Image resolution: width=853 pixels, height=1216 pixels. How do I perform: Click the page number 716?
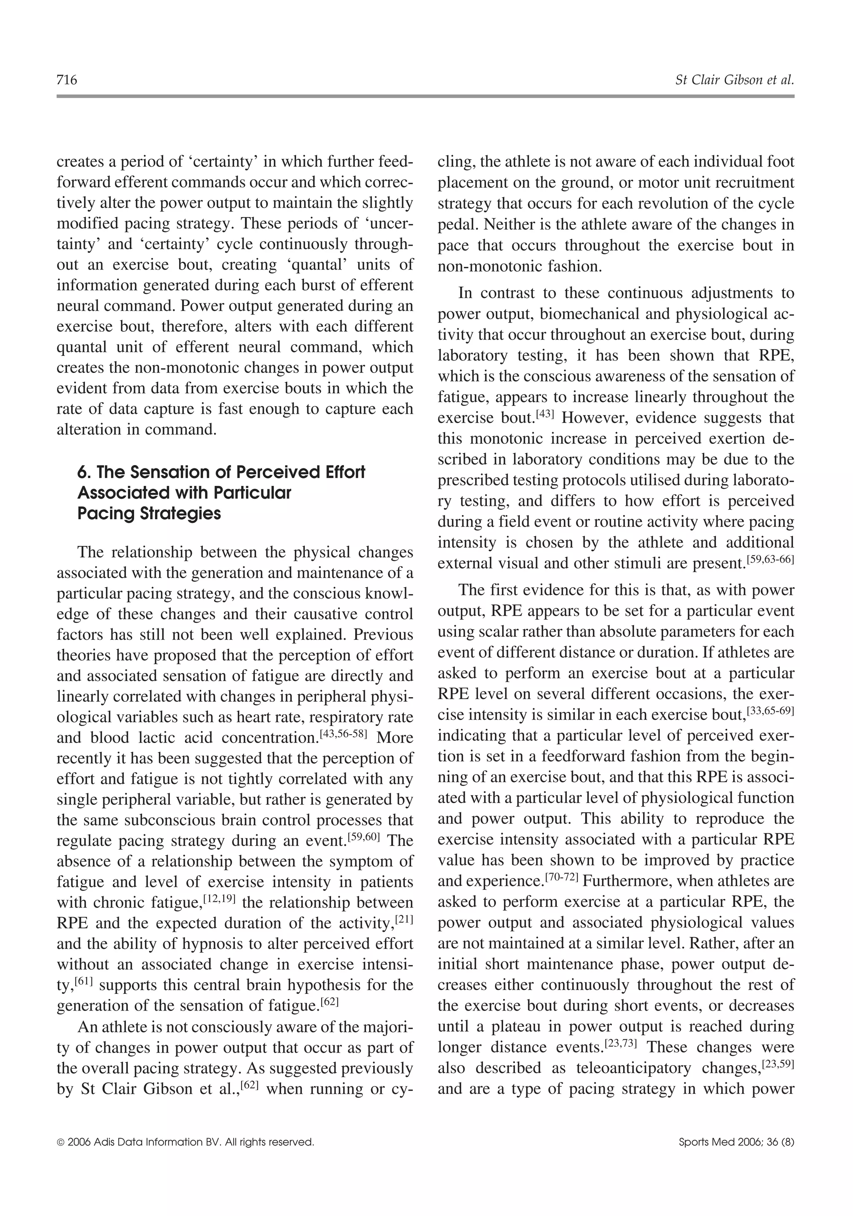pyautogui.click(x=67, y=80)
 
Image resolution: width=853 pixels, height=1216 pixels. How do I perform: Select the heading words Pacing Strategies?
pyautogui.click(x=149, y=514)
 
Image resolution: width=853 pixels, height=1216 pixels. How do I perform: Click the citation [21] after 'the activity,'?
pyautogui.click(x=404, y=919)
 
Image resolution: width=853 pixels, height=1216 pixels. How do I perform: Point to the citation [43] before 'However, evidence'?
pyautogui.click(x=544, y=415)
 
